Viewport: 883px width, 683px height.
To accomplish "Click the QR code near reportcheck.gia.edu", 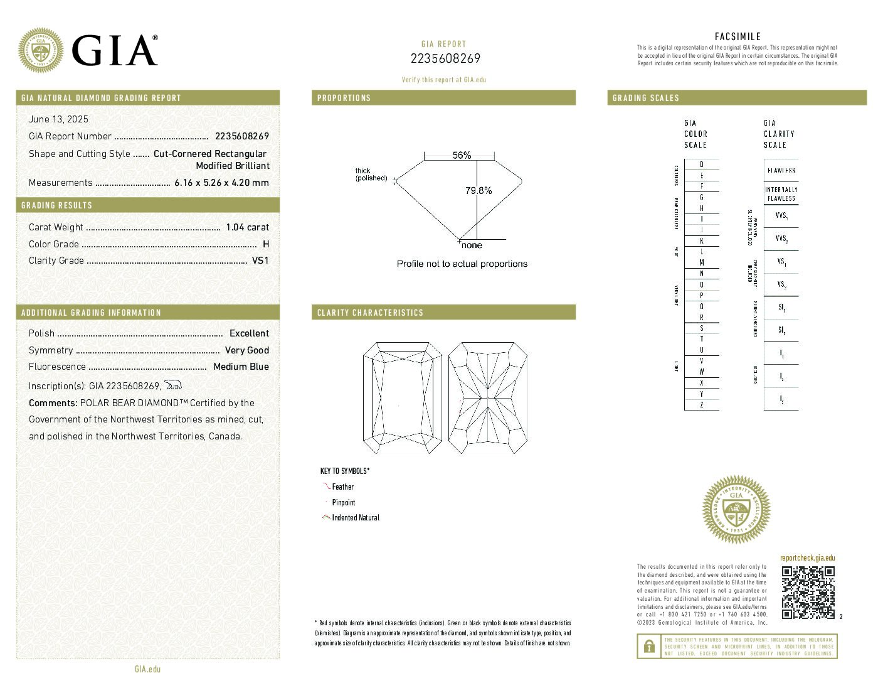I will pyautogui.click(x=808, y=592).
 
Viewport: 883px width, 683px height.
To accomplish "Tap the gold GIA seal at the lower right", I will pyautogui.click(x=736, y=509).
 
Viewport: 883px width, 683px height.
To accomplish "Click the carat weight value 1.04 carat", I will pyautogui.click(x=247, y=227).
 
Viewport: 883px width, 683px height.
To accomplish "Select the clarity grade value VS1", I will pyautogui.click(x=260, y=261).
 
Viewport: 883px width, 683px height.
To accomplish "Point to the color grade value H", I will pyautogui.click(x=266, y=244).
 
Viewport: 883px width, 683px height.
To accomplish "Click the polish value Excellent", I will pyautogui.click(x=249, y=333).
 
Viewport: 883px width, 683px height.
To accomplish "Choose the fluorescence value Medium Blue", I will pyautogui.click(x=241, y=367).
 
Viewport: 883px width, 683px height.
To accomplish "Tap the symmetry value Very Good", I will pyautogui.click(x=246, y=350).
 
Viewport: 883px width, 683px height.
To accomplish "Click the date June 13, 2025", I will pyautogui.click(x=58, y=119).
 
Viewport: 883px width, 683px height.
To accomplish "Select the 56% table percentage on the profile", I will pyautogui.click(x=462, y=155).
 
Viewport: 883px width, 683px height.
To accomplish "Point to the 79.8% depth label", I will pyautogui.click(x=479, y=190).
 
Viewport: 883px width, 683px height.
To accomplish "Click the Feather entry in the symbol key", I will pyautogui.click(x=342, y=487).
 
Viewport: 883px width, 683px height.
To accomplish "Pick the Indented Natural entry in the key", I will pyautogui.click(x=356, y=518).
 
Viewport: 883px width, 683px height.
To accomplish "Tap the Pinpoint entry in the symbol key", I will pyautogui.click(x=343, y=502).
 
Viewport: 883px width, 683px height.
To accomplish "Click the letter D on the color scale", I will pyautogui.click(x=701, y=164).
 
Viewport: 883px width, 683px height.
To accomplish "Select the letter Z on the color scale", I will pyautogui.click(x=701, y=405).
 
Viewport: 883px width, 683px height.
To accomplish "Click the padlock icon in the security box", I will pyautogui.click(x=647, y=646).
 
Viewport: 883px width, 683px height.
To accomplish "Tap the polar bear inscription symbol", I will pyautogui.click(x=172, y=385).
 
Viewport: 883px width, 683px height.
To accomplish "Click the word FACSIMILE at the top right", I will pyautogui.click(x=738, y=37).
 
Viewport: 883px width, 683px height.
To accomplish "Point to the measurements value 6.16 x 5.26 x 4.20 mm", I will pyautogui.click(x=221, y=183).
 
